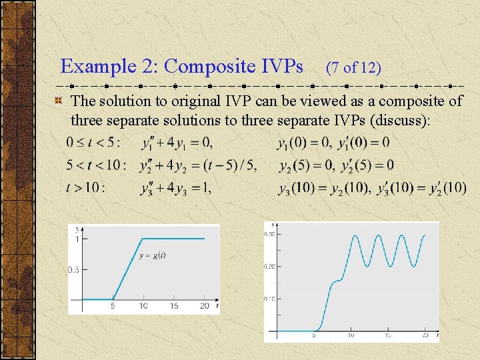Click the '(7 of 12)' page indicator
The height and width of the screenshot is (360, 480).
(x=353, y=67)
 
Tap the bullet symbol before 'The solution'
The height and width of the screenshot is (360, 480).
(x=59, y=101)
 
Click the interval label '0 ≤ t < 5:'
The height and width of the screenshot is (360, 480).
(x=93, y=143)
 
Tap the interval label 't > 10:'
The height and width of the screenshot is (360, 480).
(x=85, y=188)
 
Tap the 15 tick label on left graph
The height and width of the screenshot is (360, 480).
(x=173, y=307)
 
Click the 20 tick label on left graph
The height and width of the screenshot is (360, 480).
(x=204, y=307)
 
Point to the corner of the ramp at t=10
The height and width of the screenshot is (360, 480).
(x=143, y=239)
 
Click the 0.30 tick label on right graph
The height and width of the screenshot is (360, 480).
(x=271, y=235)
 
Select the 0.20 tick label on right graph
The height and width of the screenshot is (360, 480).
(x=271, y=266)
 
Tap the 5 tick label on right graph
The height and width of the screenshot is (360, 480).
(x=313, y=335)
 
